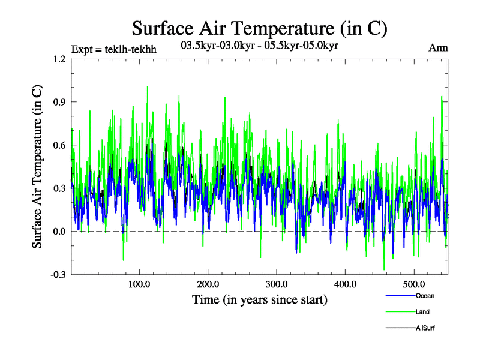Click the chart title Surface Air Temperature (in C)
[x=259, y=28]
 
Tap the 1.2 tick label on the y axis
[x=59, y=59]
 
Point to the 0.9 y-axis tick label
[x=59, y=102]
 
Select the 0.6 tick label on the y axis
[x=59, y=145]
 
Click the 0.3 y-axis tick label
[x=59, y=188]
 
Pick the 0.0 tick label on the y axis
[x=59, y=232]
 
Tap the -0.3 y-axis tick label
[x=58, y=275]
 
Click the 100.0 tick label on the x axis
[x=139, y=284]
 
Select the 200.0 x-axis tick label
[x=208, y=284]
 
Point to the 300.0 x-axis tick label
[x=277, y=284]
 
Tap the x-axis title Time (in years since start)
[x=259, y=299]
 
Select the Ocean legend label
[x=425, y=296]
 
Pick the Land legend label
[x=422, y=312]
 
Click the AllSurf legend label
[x=425, y=328]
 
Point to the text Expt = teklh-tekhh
[x=113, y=49]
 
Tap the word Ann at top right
[x=438, y=48]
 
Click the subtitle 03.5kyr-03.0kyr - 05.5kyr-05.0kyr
[x=259, y=46]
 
